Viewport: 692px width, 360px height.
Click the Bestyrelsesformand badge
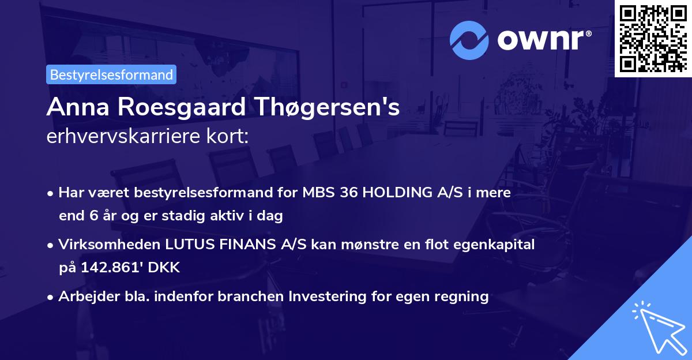pos(111,74)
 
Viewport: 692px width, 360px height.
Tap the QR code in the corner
pos(653,38)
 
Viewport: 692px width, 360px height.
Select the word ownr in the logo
pos(544,39)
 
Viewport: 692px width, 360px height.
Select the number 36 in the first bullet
pos(349,193)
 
